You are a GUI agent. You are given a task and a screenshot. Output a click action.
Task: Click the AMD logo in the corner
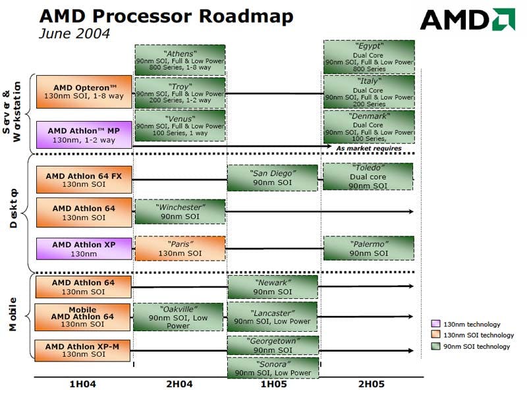pyautogui.click(x=468, y=20)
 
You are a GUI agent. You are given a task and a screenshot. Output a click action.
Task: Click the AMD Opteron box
pyautogui.click(x=84, y=92)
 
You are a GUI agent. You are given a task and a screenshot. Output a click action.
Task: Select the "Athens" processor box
pyautogui.click(x=180, y=60)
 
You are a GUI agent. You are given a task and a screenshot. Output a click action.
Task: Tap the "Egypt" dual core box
pyautogui.click(x=369, y=57)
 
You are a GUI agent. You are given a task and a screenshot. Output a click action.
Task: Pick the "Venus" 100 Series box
pyautogui.click(x=180, y=126)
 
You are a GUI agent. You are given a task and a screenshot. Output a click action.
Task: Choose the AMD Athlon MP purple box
pyautogui.click(x=84, y=135)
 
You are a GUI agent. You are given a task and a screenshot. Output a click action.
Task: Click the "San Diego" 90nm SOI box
pyautogui.click(x=273, y=178)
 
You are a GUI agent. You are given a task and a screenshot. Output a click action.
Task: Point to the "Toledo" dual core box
pyautogui.click(x=368, y=176)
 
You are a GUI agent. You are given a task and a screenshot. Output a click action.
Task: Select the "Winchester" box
pyautogui.click(x=180, y=211)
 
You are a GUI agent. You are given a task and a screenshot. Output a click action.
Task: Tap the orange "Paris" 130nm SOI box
pyautogui.click(x=180, y=249)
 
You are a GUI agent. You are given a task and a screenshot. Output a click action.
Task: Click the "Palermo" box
pyautogui.click(x=369, y=248)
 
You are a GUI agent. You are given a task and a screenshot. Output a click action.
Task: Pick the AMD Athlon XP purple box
pyautogui.click(x=84, y=249)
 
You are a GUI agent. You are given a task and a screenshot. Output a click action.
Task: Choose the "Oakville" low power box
pyautogui.click(x=178, y=317)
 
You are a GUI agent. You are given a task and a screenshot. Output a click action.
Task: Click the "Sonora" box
pyautogui.click(x=273, y=368)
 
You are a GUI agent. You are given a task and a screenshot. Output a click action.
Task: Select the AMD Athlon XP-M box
pyautogui.click(x=82, y=351)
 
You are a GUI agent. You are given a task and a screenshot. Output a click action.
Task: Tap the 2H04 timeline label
pyautogui.click(x=179, y=384)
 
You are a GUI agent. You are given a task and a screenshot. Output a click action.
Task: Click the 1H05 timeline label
pyautogui.click(x=274, y=384)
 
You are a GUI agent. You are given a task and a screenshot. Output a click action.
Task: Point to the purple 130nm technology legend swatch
pyautogui.click(x=435, y=324)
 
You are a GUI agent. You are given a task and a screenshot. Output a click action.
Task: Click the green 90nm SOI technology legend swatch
pyautogui.click(x=435, y=346)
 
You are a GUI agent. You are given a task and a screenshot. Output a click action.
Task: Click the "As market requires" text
pyautogui.click(x=369, y=148)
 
